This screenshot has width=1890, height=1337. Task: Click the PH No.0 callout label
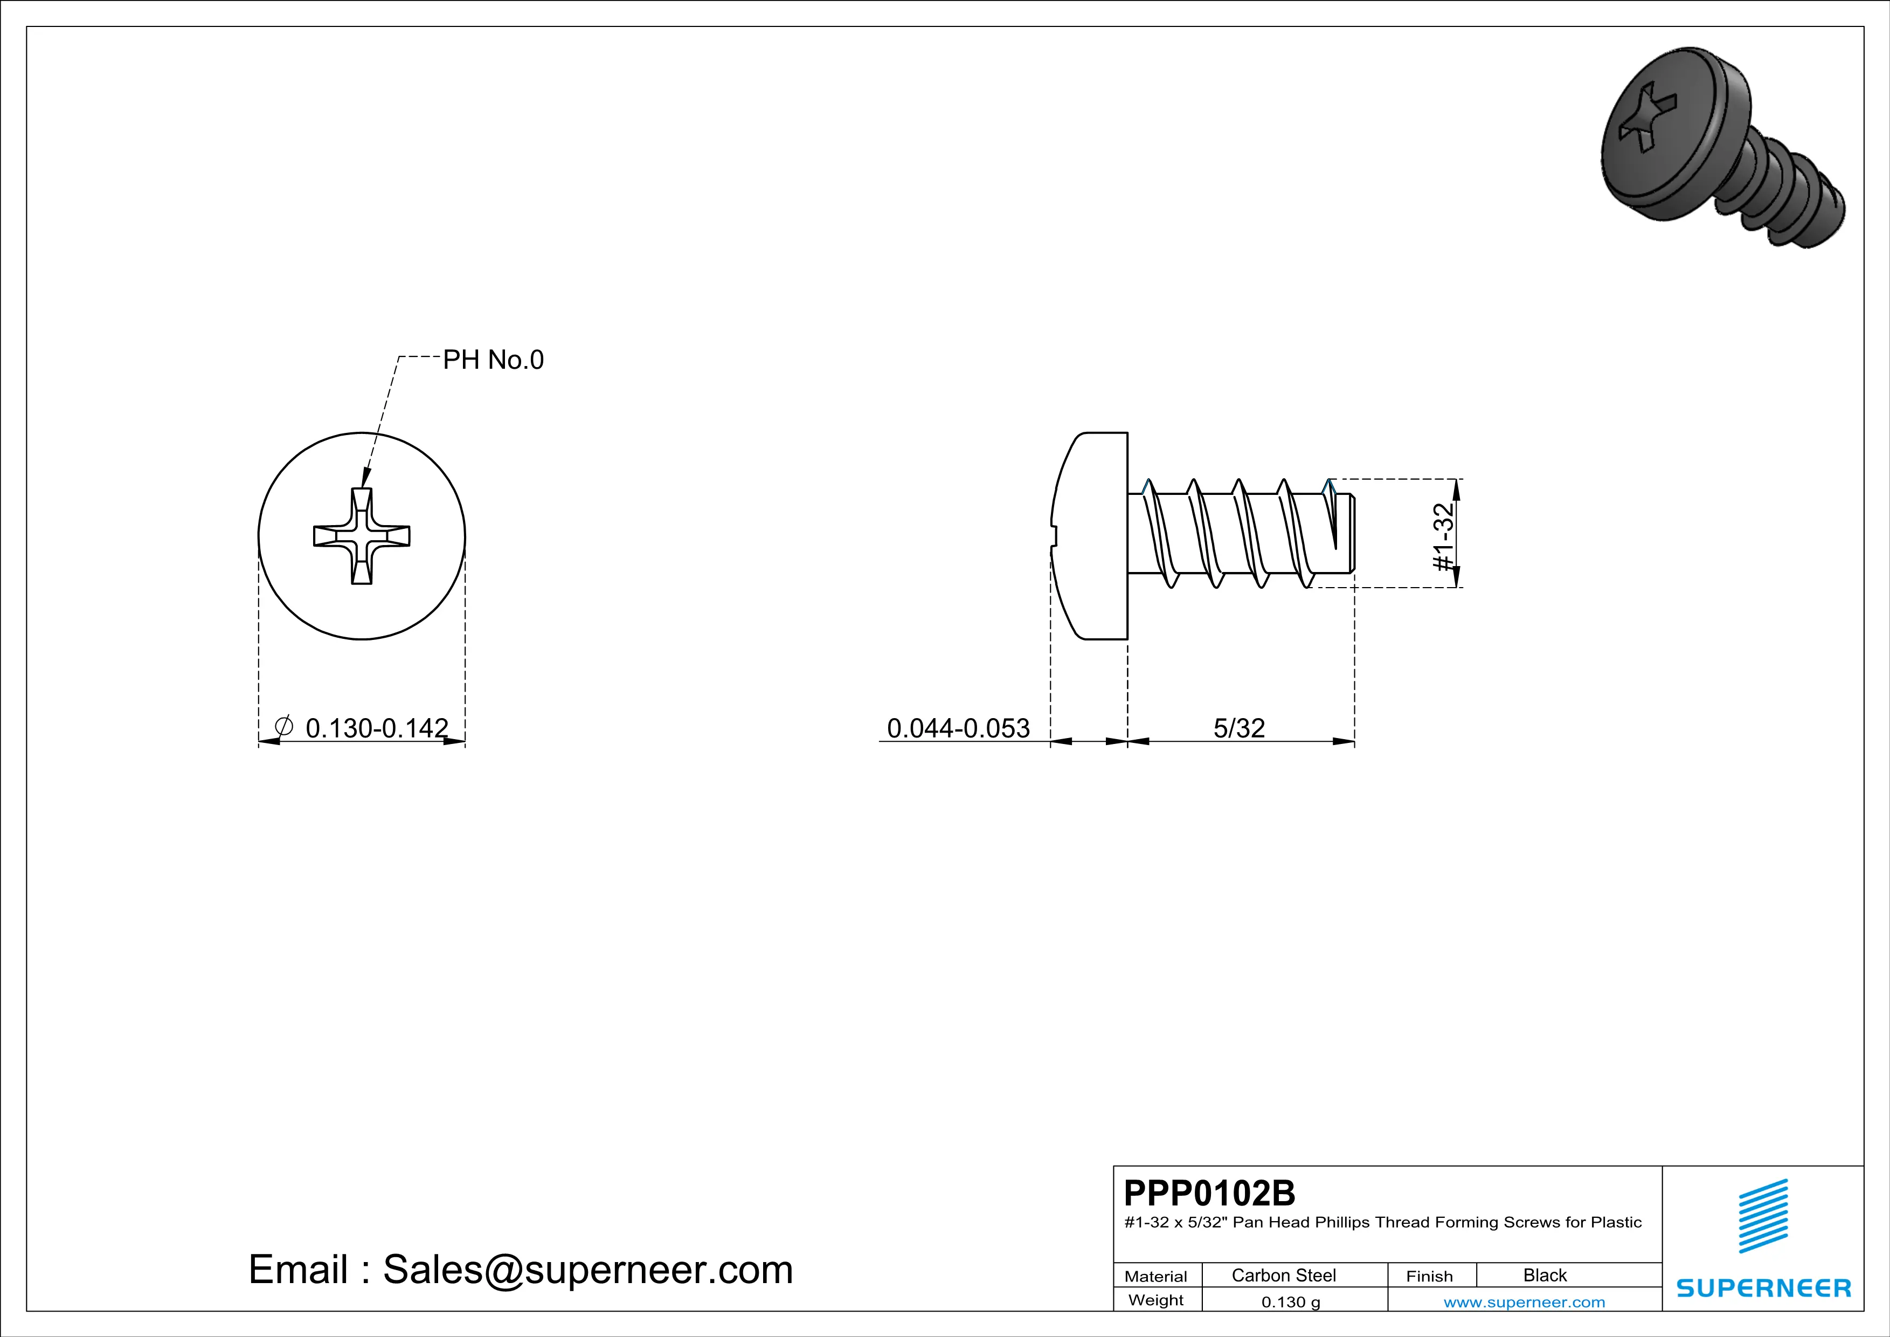pyautogui.click(x=493, y=360)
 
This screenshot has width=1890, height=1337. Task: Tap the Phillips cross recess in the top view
pyautogui.click(x=362, y=536)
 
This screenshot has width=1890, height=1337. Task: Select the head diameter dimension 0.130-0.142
pyautogui.click(x=376, y=728)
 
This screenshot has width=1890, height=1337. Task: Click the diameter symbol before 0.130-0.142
pyautogui.click(x=283, y=727)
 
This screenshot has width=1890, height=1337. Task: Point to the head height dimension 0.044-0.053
pyautogui.click(x=958, y=728)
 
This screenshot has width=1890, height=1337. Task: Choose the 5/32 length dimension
pyautogui.click(x=1239, y=728)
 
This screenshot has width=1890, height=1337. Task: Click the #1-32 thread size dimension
pyautogui.click(x=1443, y=537)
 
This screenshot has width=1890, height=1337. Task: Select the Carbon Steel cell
pyautogui.click(x=1283, y=1275)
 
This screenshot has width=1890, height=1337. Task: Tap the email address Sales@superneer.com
pyautogui.click(x=588, y=1269)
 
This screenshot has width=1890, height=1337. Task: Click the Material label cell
pyautogui.click(x=1156, y=1276)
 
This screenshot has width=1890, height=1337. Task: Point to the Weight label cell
pyautogui.click(x=1156, y=1300)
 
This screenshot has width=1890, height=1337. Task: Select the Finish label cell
pyautogui.click(x=1429, y=1276)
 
